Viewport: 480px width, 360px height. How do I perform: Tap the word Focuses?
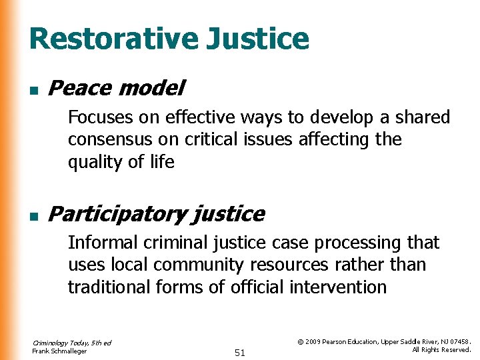tap(100, 117)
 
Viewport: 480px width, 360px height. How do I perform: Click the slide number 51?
tap(240, 353)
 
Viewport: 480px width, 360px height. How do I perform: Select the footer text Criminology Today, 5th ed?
tap(71, 343)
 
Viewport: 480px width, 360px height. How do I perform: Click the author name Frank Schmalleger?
tap(59, 351)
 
